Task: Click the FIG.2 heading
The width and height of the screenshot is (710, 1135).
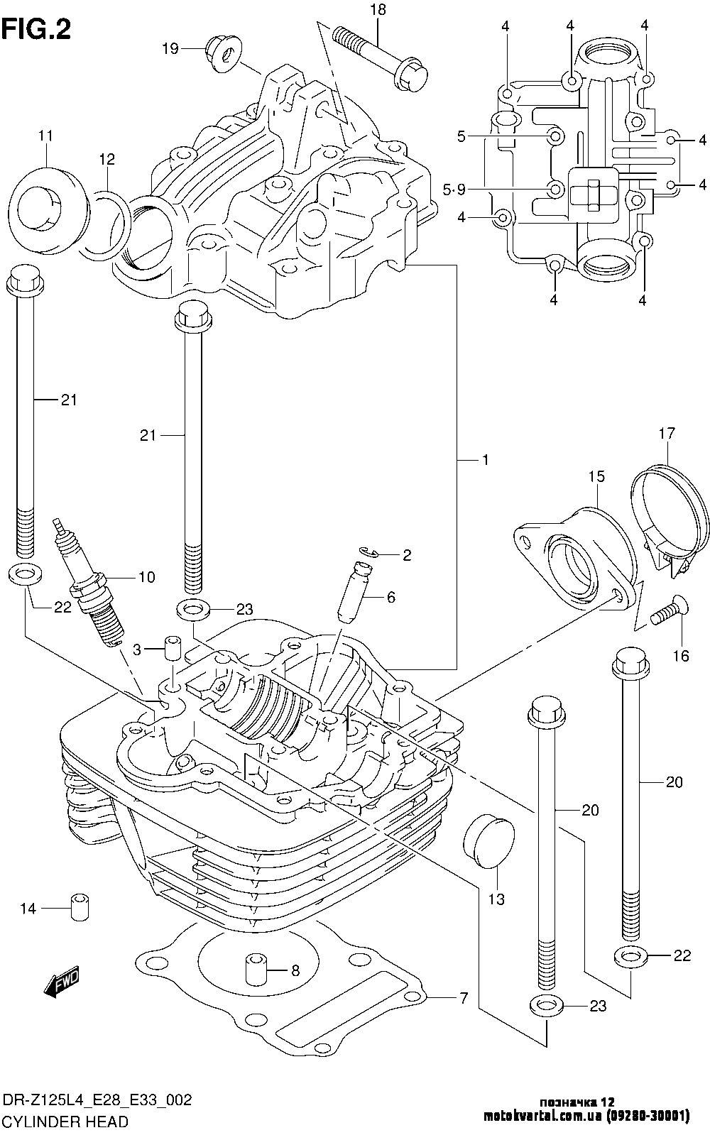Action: pos(37,30)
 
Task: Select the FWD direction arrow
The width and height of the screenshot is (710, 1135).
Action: pos(62,984)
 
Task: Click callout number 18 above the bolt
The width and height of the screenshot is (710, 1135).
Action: pos(377,10)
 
